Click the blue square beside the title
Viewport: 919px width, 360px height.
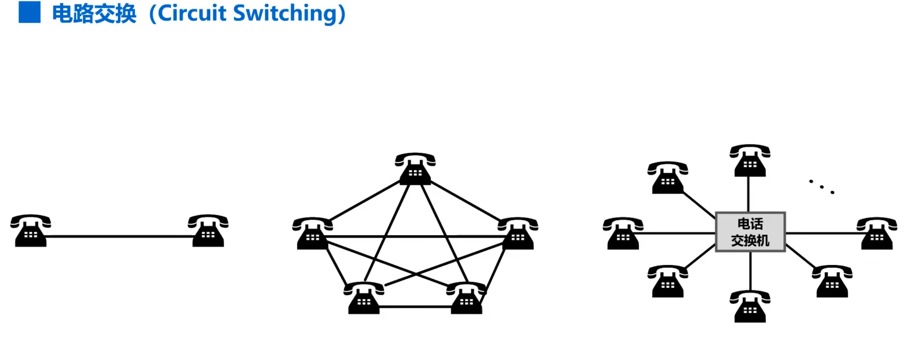tap(29, 12)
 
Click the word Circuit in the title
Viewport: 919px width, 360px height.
tap(192, 13)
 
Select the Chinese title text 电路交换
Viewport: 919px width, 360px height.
tap(94, 13)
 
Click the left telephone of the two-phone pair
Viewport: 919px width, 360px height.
tap(31, 231)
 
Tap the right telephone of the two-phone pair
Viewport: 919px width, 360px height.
tap(208, 231)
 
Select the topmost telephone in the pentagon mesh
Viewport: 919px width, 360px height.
tap(415, 169)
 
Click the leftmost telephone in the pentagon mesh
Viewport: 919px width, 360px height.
tap(313, 234)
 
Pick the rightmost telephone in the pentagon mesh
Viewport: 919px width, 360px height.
tap(518, 234)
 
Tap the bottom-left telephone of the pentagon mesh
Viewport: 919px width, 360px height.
tap(364, 298)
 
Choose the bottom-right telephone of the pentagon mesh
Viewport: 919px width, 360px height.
tap(467, 298)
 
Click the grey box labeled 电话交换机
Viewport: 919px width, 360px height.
tap(750, 232)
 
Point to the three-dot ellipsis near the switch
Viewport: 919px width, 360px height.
tap(822, 187)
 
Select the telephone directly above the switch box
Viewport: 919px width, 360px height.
tap(750, 161)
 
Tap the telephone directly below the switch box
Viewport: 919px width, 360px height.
tap(750, 307)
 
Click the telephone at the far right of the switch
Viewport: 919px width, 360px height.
tap(877, 234)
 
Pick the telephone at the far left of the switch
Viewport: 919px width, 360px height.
tap(623, 234)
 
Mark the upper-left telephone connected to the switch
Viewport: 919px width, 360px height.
tap(668, 178)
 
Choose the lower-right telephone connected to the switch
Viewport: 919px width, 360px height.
tap(832, 282)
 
